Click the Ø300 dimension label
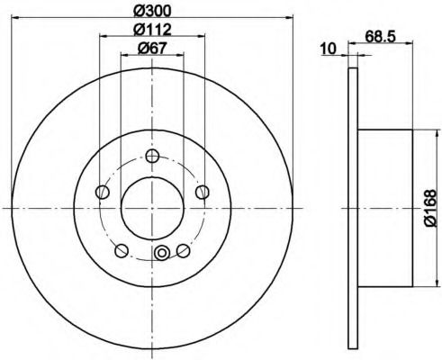click(152, 10)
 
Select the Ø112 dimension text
click(152, 29)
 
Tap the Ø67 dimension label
click(152, 48)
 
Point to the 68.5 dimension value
click(381, 37)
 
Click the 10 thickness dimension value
click(329, 49)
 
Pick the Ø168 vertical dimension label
click(431, 208)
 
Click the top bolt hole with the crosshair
click(152, 156)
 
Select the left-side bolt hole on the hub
click(102, 192)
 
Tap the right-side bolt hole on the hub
click(203, 192)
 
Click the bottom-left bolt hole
click(122, 251)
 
